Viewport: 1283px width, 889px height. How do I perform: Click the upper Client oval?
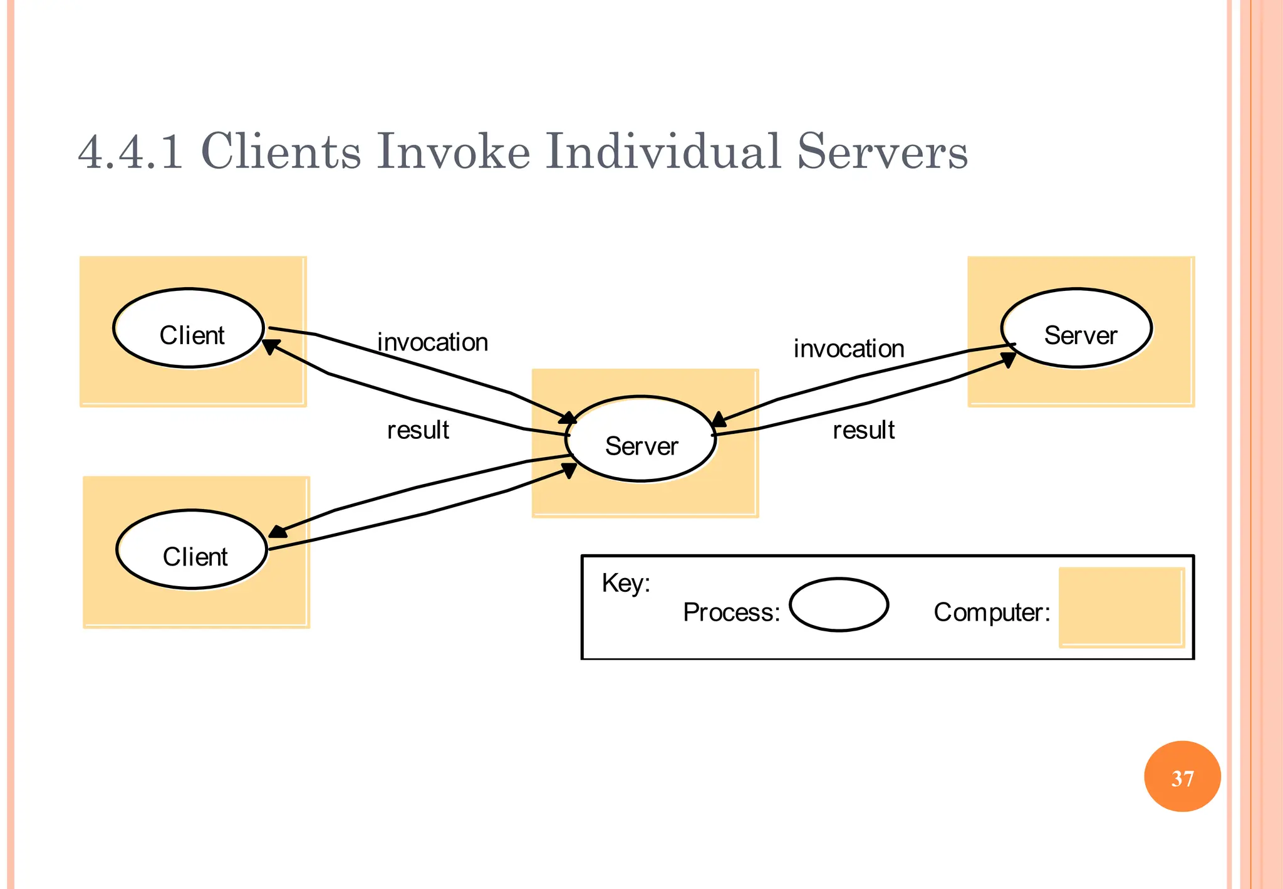click(189, 329)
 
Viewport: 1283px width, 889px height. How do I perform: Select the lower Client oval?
click(192, 550)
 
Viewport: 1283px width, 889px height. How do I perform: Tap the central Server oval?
click(641, 439)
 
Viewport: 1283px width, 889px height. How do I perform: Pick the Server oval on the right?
click(1076, 329)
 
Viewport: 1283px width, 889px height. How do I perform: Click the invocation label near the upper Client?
click(432, 343)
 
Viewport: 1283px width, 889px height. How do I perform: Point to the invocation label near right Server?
click(849, 349)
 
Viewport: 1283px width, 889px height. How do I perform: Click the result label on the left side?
click(418, 431)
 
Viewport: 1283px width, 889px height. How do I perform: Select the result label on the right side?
click(863, 431)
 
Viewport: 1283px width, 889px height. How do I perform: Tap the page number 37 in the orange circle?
click(1182, 778)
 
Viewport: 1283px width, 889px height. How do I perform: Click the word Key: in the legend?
click(626, 583)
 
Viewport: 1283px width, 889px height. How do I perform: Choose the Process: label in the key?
click(731, 613)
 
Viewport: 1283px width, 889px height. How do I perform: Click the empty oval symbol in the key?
click(838, 605)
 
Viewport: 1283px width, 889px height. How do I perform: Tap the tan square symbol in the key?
click(1121, 607)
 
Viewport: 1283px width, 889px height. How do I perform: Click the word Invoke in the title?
click(452, 152)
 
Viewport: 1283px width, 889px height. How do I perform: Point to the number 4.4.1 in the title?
click(130, 152)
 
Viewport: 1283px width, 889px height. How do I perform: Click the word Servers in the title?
click(882, 152)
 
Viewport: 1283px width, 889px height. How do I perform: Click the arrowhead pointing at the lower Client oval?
click(277, 532)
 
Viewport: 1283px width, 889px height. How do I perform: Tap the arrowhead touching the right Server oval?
click(1008, 359)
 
